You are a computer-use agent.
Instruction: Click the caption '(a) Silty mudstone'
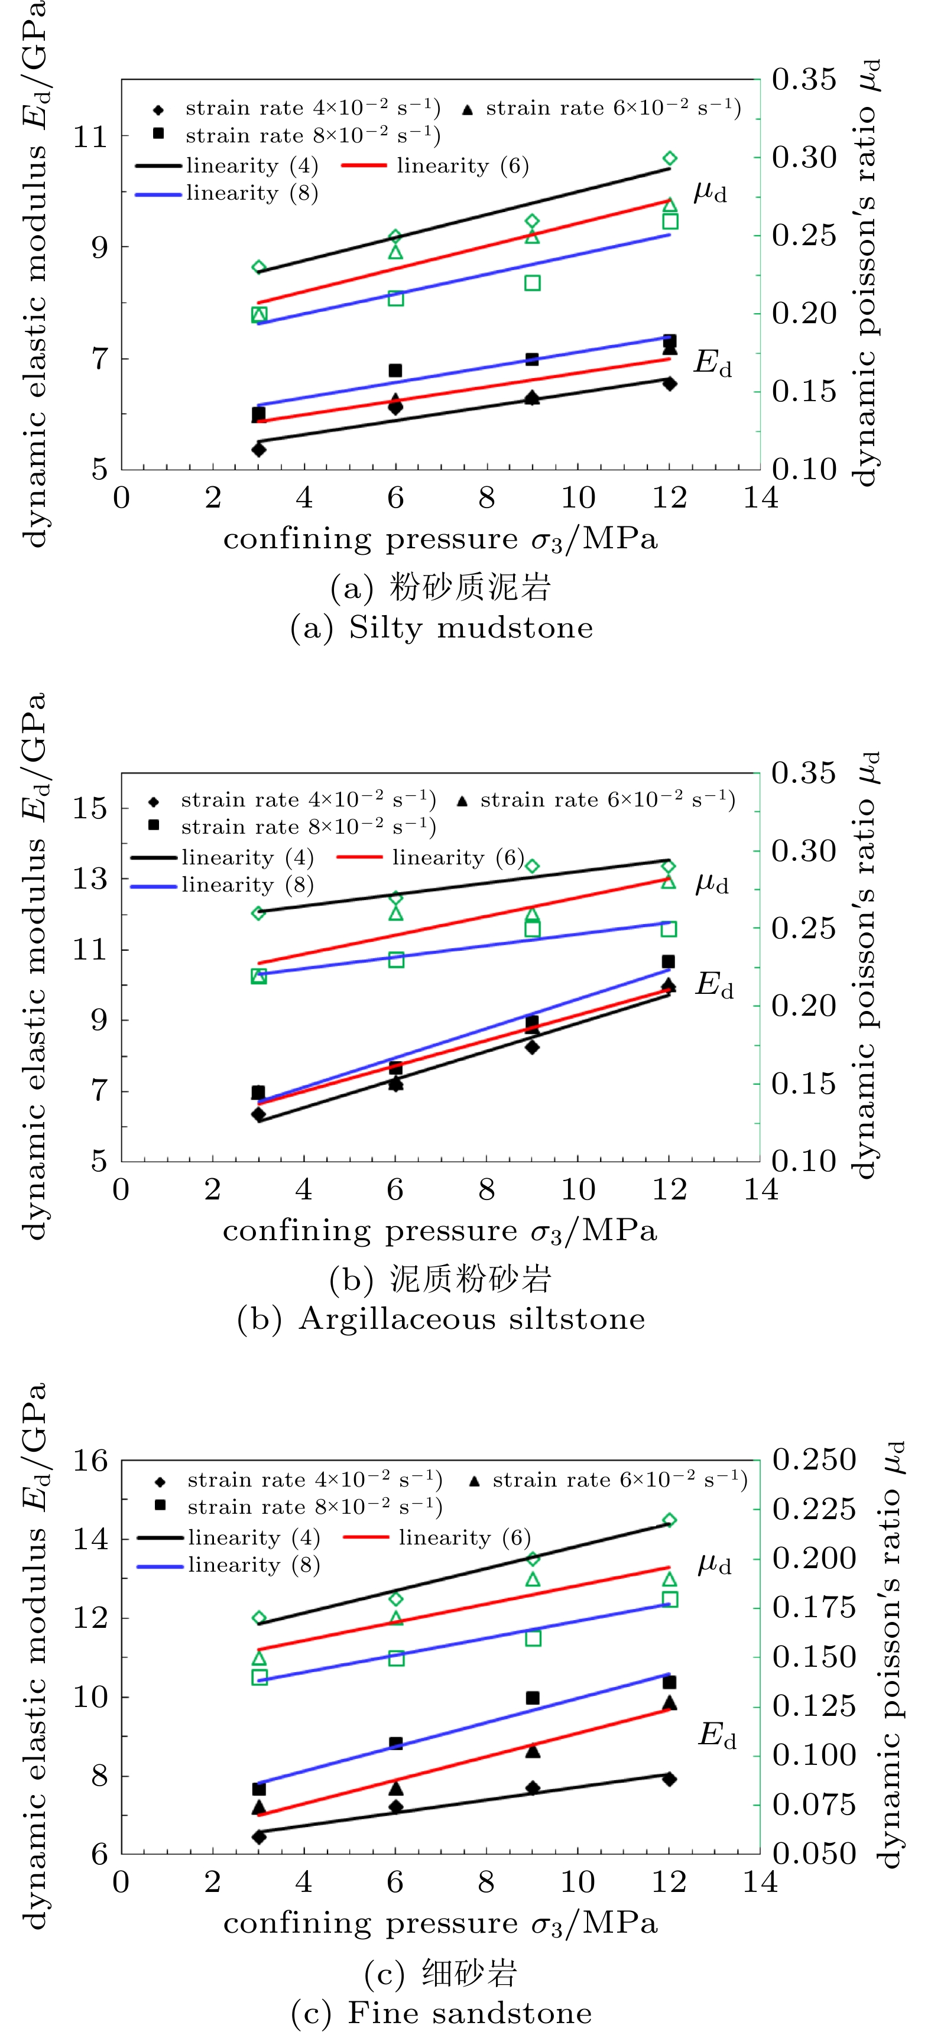(441, 628)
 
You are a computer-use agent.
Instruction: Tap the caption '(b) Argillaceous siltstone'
(441, 1319)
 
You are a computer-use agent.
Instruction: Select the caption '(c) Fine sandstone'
(441, 2013)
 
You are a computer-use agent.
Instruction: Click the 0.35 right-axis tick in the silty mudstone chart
(803, 79)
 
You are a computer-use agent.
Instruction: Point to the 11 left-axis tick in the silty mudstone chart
(89, 137)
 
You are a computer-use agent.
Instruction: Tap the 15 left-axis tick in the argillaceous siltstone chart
(89, 808)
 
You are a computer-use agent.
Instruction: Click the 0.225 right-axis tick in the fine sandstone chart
(813, 1509)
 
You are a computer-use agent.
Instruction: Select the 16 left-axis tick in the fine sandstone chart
(89, 1461)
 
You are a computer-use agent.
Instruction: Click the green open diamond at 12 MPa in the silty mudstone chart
(670, 158)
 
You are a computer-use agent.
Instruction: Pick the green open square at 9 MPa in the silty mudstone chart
(533, 283)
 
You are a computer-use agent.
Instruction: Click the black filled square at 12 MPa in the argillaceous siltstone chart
(669, 961)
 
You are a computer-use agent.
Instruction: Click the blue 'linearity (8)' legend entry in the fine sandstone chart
(229, 1565)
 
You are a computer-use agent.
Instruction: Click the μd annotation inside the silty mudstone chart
(709, 191)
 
